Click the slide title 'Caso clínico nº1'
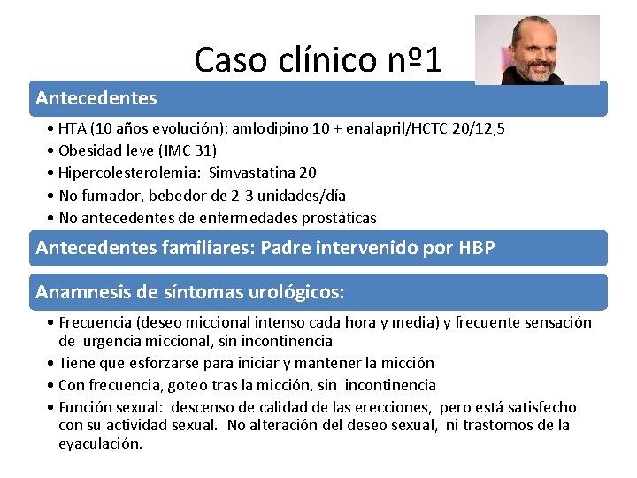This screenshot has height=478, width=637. pyautogui.click(x=318, y=59)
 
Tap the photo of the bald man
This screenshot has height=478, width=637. pyautogui.click(x=536, y=50)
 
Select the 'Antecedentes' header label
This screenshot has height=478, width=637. pyautogui.click(x=96, y=98)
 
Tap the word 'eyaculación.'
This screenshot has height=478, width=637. pyautogui.click(x=100, y=443)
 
